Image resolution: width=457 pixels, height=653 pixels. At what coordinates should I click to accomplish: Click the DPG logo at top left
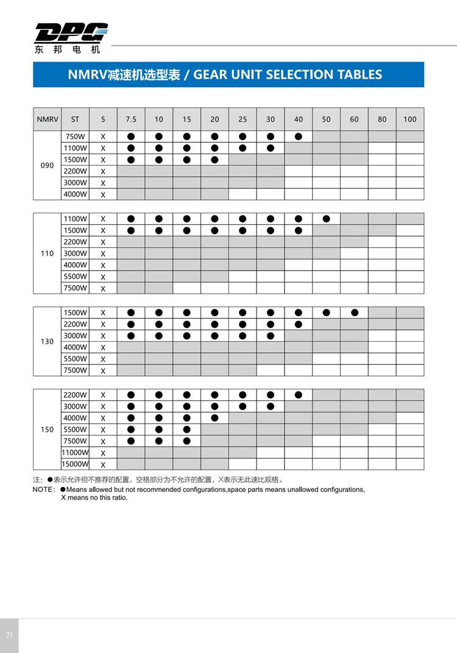(x=71, y=33)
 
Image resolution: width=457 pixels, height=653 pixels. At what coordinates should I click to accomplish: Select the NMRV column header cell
(x=47, y=119)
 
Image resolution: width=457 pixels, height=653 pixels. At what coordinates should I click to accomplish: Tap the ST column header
(x=75, y=119)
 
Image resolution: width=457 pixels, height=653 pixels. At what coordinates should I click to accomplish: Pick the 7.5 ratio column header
(x=131, y=119)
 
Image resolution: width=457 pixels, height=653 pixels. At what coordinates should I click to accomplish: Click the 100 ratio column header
(x=410, y=119)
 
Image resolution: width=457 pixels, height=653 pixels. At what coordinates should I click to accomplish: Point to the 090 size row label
(x=47, y=166)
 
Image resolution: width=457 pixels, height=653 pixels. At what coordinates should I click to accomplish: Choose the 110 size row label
(x=47, y=253)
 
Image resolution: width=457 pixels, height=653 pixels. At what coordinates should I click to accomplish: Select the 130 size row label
(x=47, y=342)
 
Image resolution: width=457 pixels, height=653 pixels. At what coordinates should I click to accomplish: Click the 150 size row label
(x=47, y=429)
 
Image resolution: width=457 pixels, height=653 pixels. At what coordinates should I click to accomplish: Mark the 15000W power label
(x=75, y=464)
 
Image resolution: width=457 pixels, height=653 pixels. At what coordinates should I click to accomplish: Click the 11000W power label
(x=75, y=453)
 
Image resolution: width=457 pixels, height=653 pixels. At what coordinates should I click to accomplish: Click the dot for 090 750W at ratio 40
(x=299, y=136)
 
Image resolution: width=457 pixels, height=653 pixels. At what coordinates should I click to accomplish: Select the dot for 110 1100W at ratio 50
(x=327, y=219)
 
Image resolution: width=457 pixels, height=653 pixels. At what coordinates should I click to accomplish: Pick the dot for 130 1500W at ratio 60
(x=355, y=312)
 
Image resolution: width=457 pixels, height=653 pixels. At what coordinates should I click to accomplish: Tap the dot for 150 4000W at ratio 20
(x=214, y=418)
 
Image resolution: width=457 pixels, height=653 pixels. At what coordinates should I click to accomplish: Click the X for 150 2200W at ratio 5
(x=103, y=395)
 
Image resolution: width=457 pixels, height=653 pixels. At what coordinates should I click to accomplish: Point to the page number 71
(x=9, y=635)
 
